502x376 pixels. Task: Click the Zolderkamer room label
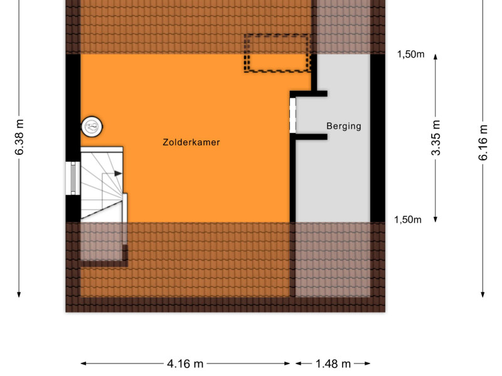[x=191, y=142]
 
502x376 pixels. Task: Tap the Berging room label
[x=344, y=126]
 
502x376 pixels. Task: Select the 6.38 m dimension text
[x=19, y=137]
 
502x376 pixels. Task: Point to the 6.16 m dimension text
[x=483, y=143]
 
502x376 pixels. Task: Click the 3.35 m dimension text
[x=435, y=138]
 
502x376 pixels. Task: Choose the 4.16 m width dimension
[x=185, y=363]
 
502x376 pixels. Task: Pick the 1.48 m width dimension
[x=333, y=363]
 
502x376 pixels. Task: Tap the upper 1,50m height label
[x=411, y=55]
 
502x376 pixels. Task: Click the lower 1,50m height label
[x=407, y=220]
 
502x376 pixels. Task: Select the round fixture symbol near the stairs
[x=92, y=127]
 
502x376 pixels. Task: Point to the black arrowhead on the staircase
[x=118, y=174]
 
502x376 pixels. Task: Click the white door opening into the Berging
[x=292, y=115]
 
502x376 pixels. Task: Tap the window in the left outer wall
[x=73, y=178]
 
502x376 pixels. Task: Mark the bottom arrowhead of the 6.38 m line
[x=19, y=294]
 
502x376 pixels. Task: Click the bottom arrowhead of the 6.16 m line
[x=483, y=294]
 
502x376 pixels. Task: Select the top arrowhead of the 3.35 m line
[x=435, y=57]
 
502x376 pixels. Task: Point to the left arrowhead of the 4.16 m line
[x=84, y=363]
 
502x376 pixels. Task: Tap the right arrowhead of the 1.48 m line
[x=367, y=363]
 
